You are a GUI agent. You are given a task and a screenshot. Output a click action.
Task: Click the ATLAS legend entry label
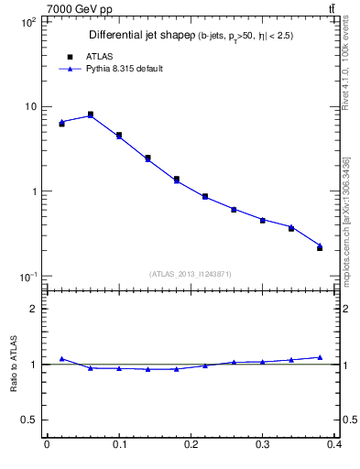[98, 56]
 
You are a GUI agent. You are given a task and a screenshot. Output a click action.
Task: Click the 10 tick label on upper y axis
[29, 106]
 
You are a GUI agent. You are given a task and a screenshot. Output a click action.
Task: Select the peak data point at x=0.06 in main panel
[90, 115]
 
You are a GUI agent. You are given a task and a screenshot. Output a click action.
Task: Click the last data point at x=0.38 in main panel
[320, 247]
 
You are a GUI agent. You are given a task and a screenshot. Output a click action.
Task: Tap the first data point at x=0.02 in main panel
[61, 123]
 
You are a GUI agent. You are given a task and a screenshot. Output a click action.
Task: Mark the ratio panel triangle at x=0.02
[61, 359]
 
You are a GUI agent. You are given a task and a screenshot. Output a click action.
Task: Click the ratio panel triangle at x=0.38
[320, 357]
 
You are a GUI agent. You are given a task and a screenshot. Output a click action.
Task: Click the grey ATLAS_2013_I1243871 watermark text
[191, 274]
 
